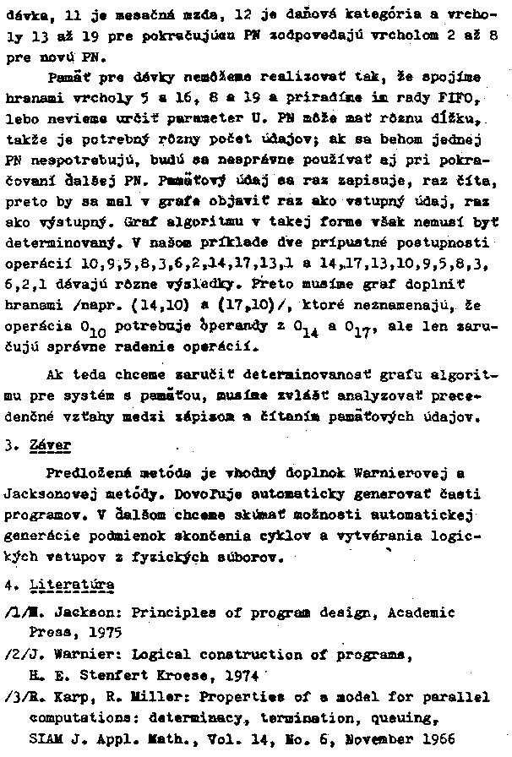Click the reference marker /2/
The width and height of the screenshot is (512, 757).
click(x=14, y=652)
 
